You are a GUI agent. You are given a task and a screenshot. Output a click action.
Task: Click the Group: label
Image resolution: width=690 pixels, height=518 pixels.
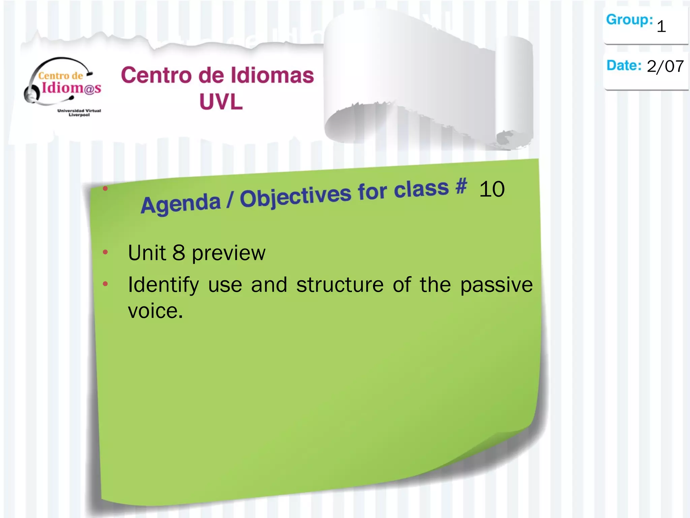coord(629,20)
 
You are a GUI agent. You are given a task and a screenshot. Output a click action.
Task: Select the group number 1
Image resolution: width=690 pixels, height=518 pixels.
coord(661,26)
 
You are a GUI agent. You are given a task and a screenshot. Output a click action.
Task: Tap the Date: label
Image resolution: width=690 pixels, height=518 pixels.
coord(624,66)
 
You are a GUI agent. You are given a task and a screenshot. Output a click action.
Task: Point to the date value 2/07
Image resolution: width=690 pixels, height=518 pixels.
coord(665,66)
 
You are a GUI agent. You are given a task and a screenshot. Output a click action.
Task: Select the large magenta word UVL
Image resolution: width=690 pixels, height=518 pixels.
coord(221,102)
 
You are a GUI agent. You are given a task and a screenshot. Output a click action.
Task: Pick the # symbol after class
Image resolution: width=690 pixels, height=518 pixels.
coord(461,186)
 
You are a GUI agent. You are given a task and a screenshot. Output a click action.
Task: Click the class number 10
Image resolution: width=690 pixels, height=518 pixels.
coord(492,189)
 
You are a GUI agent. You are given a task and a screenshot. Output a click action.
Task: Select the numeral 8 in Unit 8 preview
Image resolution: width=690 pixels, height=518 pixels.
coord(179,253)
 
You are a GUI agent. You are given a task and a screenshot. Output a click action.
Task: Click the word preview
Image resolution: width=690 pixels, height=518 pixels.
coord(229,253)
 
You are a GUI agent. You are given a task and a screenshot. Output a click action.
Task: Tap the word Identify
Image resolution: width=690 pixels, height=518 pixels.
coord(163,285)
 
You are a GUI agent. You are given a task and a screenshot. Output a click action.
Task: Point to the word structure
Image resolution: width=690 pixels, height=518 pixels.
coord(340,285)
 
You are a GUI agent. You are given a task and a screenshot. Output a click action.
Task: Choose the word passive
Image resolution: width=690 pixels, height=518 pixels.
coord(496,285)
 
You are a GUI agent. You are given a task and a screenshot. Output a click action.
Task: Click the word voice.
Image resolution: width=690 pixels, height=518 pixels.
coord(155,311)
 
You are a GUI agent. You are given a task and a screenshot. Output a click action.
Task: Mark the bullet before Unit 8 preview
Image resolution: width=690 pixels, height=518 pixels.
coord(105,252)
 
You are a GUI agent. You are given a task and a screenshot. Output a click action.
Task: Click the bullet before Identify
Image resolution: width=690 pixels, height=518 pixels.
coord(105,284)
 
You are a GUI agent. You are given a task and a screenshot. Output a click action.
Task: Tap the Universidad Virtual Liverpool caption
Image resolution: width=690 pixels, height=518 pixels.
coord(79,113)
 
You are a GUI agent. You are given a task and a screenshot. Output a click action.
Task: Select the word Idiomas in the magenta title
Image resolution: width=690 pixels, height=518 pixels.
coord(273,75)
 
